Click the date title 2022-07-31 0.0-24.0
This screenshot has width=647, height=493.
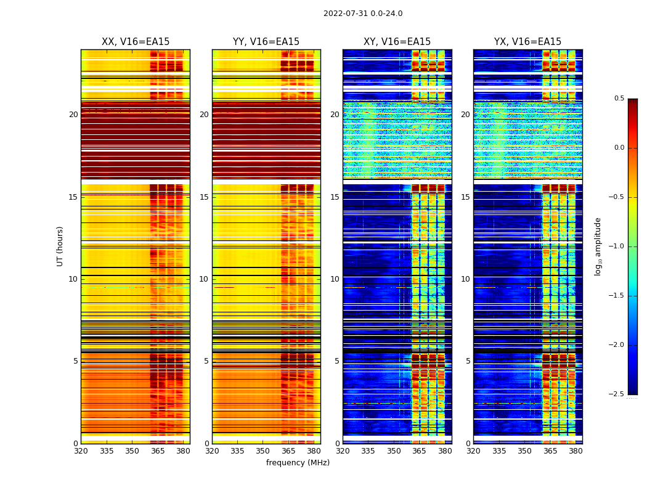click(x=363, y=14)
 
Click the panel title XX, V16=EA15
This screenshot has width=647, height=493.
click(x=136, y=42)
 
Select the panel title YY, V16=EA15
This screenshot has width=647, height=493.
click(x=266, y=42)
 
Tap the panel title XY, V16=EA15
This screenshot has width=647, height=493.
click(x=397, y=42)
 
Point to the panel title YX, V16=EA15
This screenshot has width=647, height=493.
click(x=527, y=42)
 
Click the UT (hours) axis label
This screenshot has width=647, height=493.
click(x=60, y=246)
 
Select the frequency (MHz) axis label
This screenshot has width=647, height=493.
click(x=298, y=463)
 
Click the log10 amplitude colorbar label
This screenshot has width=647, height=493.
click(x=598, y=246)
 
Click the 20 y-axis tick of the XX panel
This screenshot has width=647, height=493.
click(x=73, y=115)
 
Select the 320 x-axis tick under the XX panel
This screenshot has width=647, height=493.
click(x=81, y=451)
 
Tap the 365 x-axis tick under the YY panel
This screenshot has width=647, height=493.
click(x=288, y=451)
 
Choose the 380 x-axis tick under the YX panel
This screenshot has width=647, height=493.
click(x=576, y=451)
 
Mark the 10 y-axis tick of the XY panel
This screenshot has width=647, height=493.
click(x=335, y=279)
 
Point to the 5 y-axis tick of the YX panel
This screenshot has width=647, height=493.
click(x=468, y=361)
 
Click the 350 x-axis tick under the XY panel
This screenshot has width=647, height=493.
click(x=394, y=451)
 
